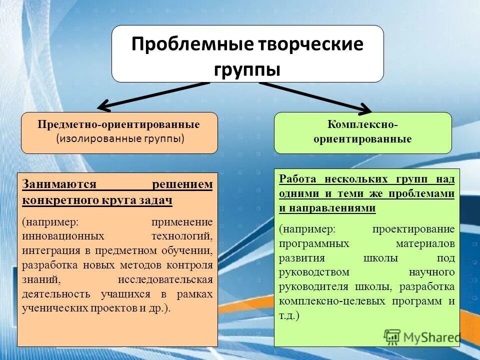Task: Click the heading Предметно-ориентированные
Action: [119, 124]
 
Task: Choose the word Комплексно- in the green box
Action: [362, 124]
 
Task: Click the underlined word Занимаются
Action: [59, 184]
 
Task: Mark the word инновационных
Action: [63, 235]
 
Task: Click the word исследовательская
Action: [165, 279]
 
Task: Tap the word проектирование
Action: [413, 229]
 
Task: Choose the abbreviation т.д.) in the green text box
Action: [289, 316]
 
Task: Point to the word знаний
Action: [41, 279]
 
